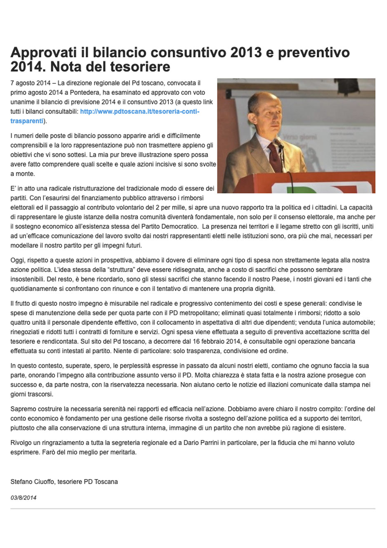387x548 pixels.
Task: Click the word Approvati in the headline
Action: pyautogui.click(x=44, y=53)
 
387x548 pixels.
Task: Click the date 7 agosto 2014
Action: pyautogui.click(x=31, y=83)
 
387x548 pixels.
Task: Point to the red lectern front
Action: pyautogui.click(x=322, y=184)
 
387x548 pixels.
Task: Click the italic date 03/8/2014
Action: pyautogui.click(x=24, y=498)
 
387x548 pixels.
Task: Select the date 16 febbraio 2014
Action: pyautogui.click(x=215, y=342)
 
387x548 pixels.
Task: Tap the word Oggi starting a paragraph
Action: pyautogui.click(x=18, y=260)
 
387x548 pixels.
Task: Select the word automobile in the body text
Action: pyautogui.click(x=357, y=323)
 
